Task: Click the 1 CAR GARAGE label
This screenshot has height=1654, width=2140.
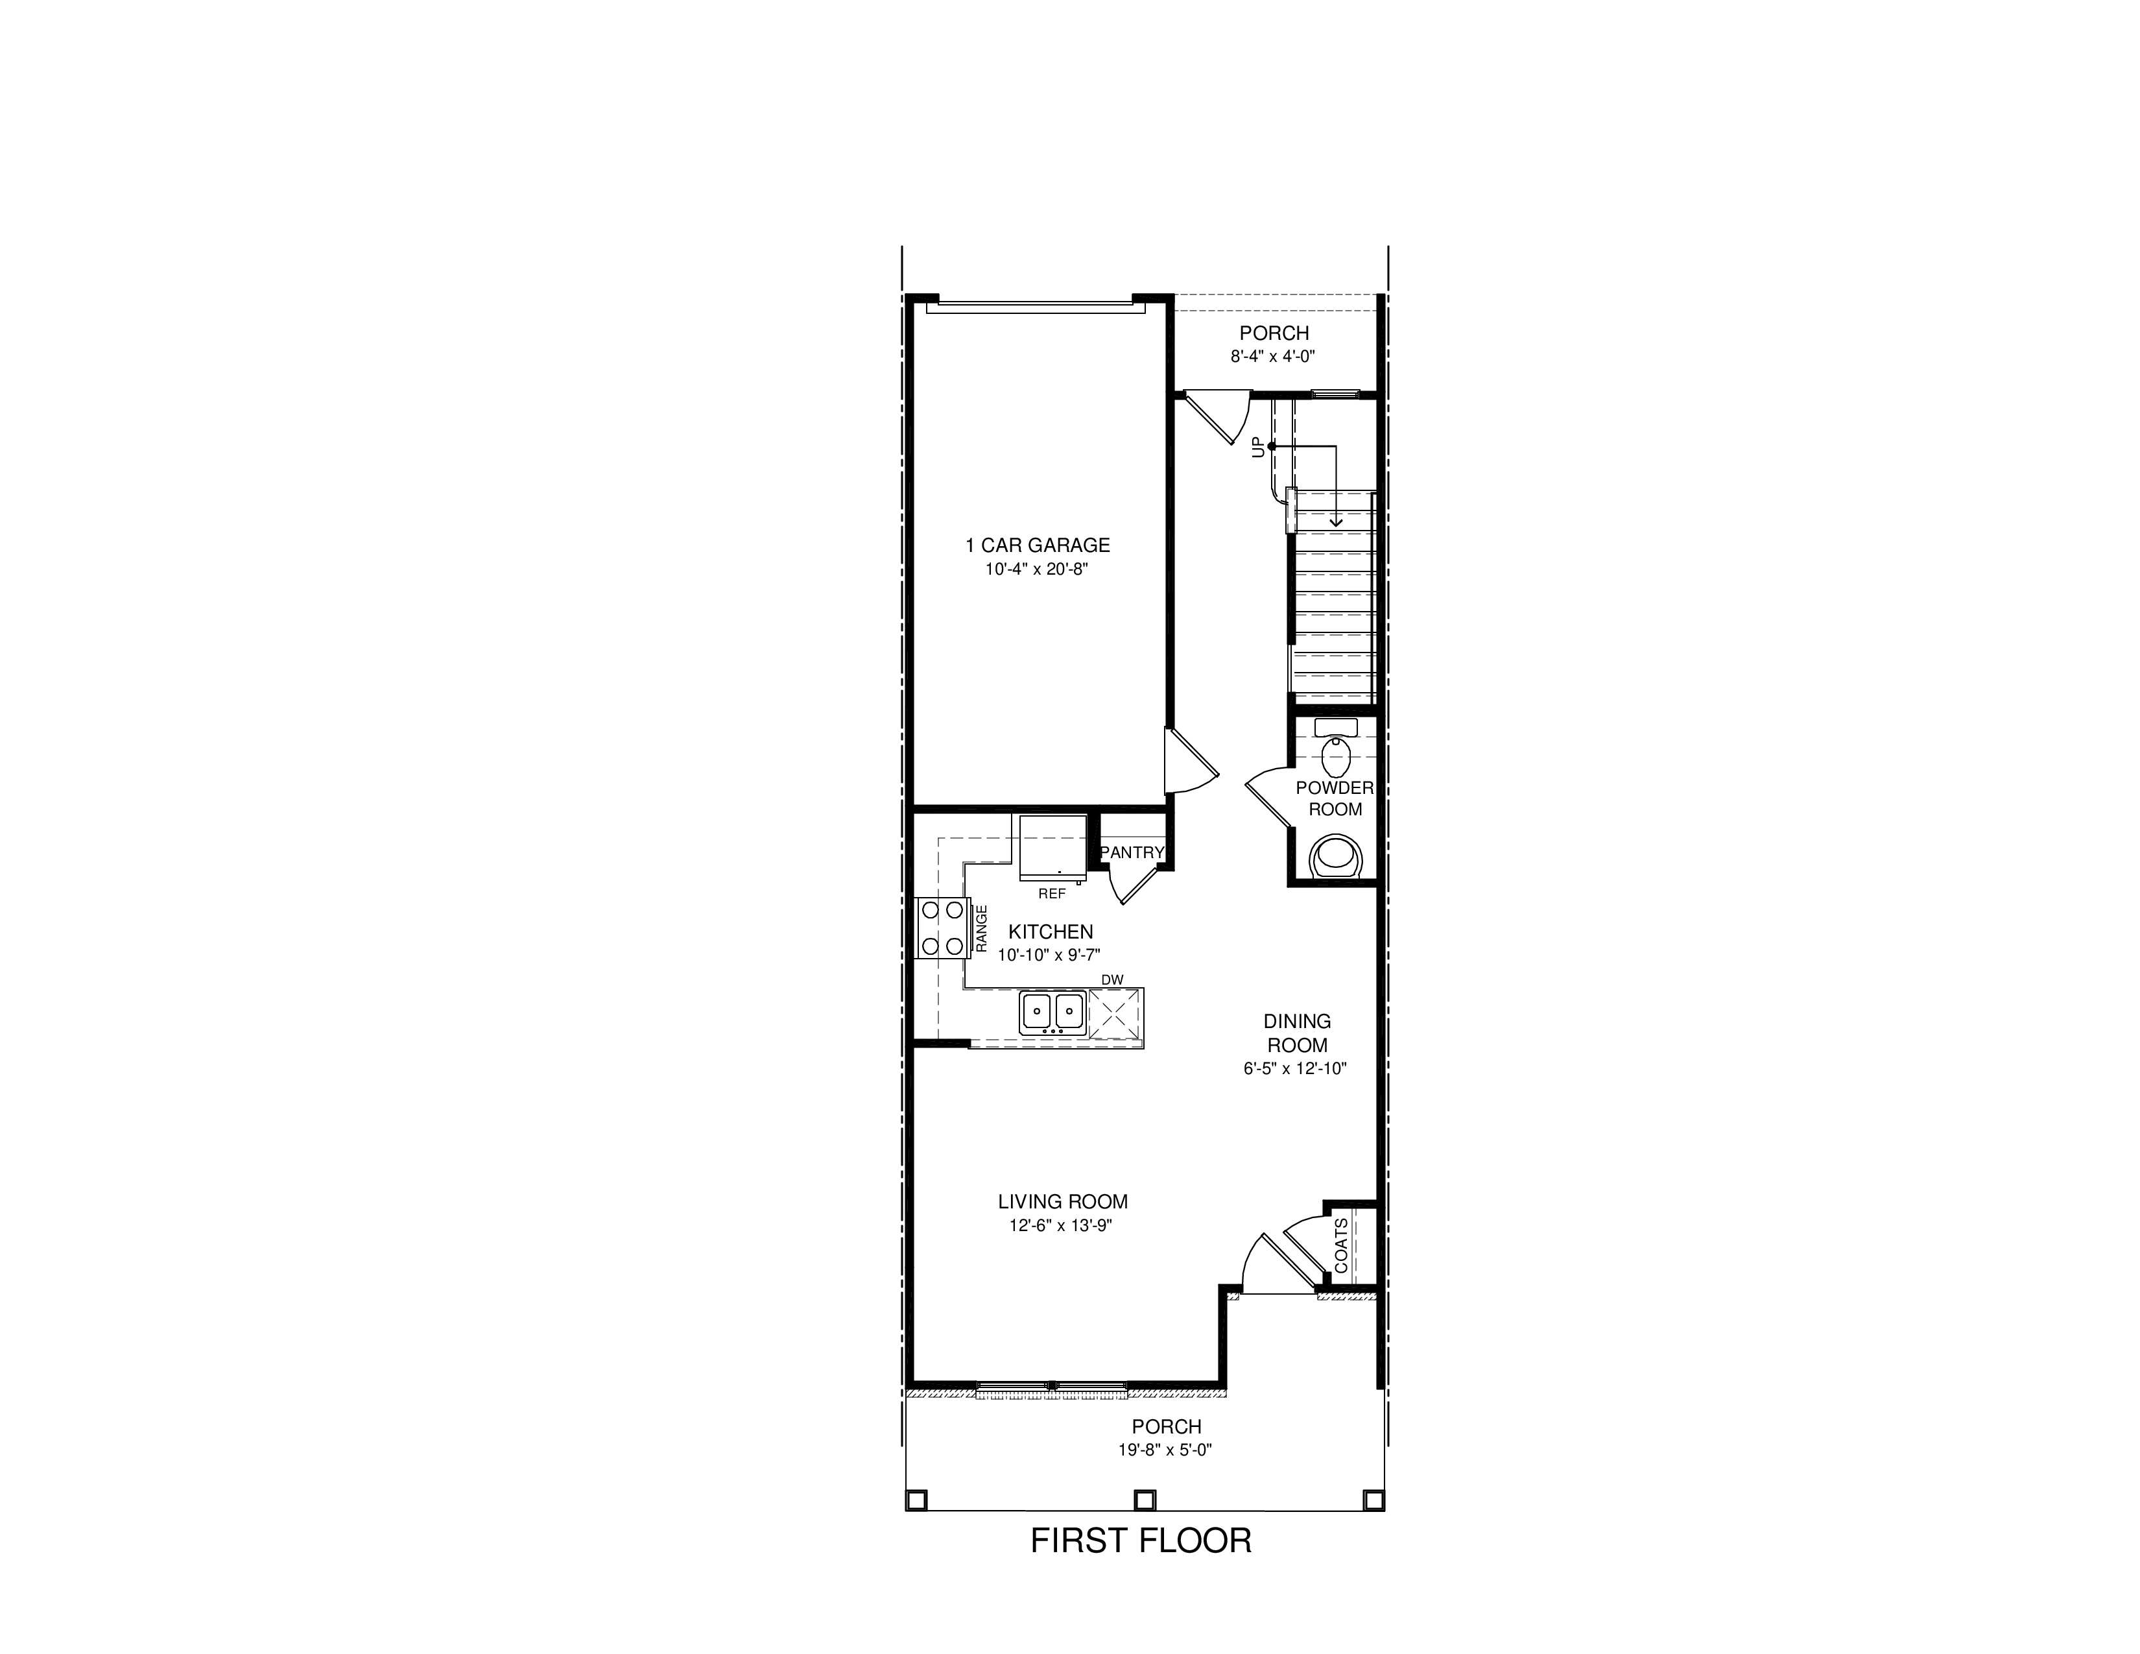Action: [x=1038, y=545]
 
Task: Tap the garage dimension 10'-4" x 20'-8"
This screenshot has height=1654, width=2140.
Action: [x=1037, y=569]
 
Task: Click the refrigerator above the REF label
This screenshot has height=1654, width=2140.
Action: [x=1052, y=848]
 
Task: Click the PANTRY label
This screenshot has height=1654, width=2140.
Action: [x=1132, y=852]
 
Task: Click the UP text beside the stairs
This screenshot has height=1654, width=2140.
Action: [x=1258, y=447]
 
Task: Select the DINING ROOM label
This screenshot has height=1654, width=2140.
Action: [x=1296, y=1033]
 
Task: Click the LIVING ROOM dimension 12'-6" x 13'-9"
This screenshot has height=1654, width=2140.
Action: [x=1062, y=1226]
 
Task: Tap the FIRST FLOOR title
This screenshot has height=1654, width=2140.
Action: [x=1141, y=1540]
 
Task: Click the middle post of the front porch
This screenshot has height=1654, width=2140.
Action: [x=1145, y=1500]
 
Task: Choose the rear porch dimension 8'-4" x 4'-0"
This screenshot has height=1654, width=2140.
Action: [x=1273, y=357]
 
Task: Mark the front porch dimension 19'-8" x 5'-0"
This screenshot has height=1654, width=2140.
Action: [x=1165, y=1450]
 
